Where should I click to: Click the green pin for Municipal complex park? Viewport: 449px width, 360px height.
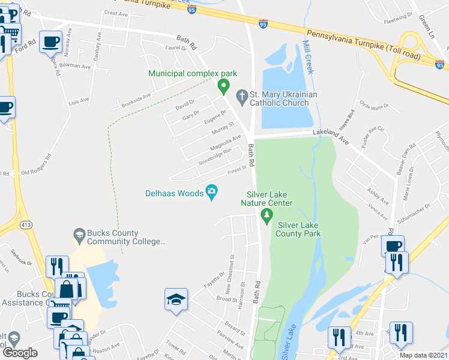[224, 87]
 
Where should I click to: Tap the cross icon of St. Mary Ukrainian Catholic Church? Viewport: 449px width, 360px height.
[241, 95]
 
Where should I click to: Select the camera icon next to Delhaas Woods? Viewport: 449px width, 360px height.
[211, 192]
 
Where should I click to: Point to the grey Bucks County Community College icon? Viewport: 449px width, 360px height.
[79, 233]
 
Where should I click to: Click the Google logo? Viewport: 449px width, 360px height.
[20, 353]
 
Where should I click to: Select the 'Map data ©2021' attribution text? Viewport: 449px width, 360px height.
[418, 355]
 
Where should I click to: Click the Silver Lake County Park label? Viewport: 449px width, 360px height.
[298, 229]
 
